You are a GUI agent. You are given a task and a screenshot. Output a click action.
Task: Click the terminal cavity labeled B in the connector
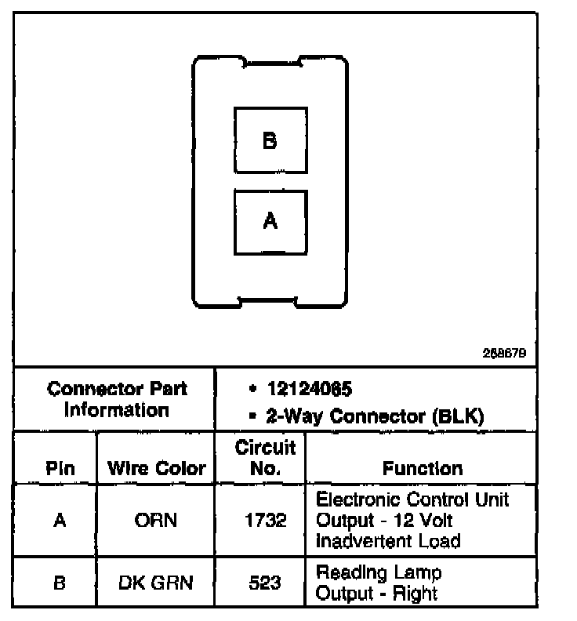[x=270, y=140]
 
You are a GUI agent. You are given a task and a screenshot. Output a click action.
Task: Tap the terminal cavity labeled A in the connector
[x=270, y=222]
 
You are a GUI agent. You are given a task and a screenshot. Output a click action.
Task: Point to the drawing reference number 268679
[x=504, y=354]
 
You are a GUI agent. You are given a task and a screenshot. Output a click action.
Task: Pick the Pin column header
[x=60, y=469]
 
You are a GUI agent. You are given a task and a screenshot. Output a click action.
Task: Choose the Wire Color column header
[x=157, y=469]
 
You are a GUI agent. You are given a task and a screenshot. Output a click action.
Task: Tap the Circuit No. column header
[x=265, y=458]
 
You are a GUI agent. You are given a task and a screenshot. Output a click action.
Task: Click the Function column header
[x=423, y=469]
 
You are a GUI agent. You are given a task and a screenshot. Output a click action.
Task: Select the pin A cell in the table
[x=60, y=520]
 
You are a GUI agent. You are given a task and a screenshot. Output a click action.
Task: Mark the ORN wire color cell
[x=157, y=520]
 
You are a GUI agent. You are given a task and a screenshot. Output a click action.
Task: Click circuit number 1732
[x=265, y=520]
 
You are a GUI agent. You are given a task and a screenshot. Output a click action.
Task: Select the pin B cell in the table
[x=60, y=582]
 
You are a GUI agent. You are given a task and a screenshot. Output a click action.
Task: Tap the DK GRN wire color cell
[x=157, y=582]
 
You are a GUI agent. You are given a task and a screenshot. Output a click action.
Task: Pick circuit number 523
[x=265, y=582]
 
